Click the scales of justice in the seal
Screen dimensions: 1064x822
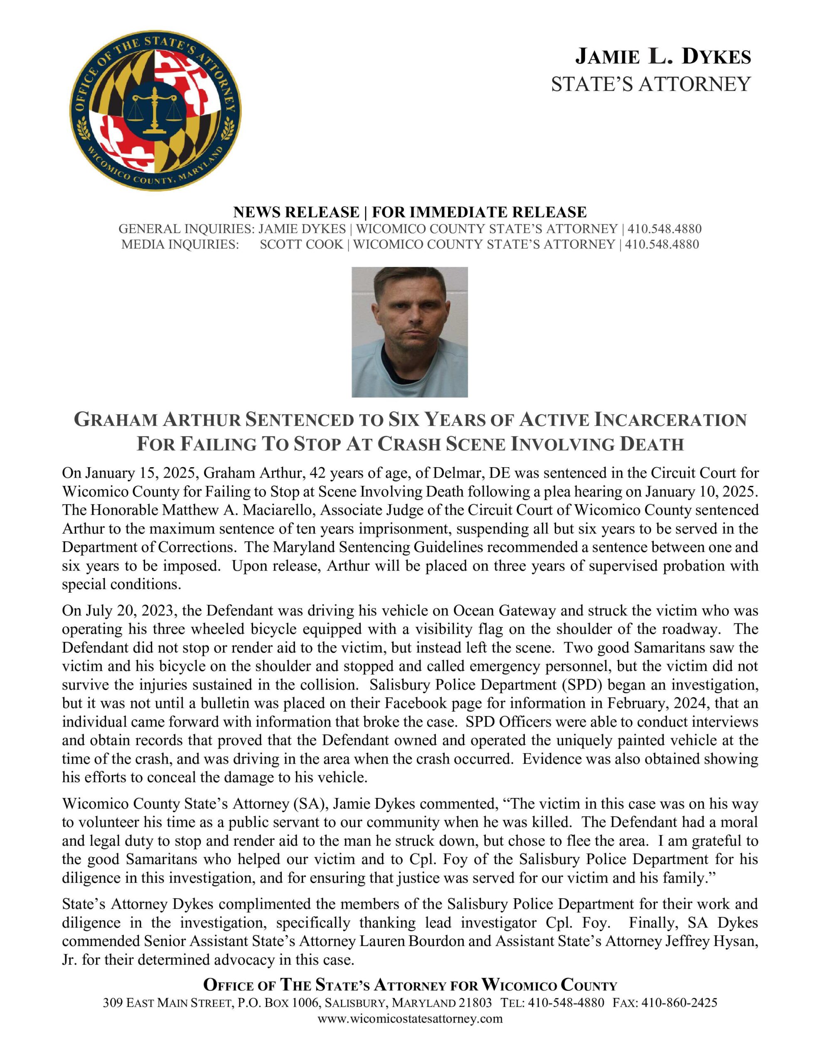(155, 110)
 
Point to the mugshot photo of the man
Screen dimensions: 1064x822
(409, 332)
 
